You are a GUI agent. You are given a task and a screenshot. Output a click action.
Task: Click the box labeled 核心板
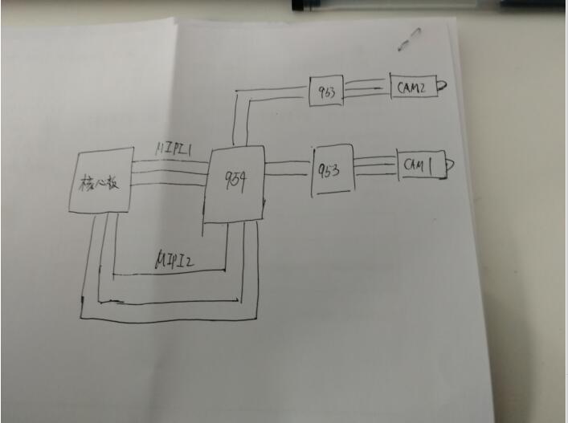[x=100, y=180]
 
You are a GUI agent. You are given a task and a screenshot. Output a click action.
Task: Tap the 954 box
[x=234, y=185]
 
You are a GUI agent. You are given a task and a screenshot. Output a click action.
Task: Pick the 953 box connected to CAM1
[x=333, y=169]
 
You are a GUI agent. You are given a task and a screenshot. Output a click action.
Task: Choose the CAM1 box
[x=419, y=165]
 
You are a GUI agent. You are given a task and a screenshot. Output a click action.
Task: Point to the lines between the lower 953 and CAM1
[x=375, y=165]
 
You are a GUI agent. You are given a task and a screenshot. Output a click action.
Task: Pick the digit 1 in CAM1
[x=431, y=165]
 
